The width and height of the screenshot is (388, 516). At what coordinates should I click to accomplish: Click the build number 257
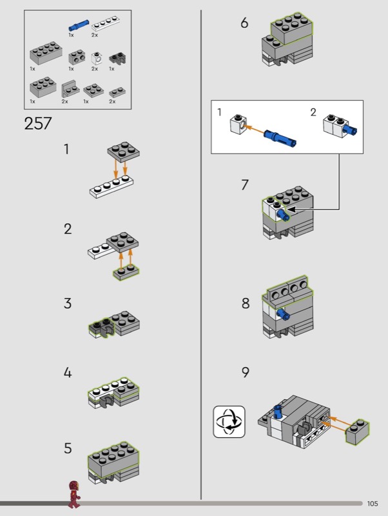click(x=38, y=123)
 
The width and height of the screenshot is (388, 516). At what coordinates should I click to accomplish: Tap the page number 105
click(x=373, y=504)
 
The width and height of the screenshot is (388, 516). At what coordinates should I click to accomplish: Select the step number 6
click(x=244, y=23)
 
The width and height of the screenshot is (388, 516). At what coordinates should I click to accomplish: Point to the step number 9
click(x=245, y=372)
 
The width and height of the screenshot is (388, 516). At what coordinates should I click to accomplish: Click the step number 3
click(x=68, y=304)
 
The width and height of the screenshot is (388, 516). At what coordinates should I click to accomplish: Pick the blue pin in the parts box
click(x=79, y=26)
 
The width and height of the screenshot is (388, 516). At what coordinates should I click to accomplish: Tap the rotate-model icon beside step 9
click(x=229, y=422)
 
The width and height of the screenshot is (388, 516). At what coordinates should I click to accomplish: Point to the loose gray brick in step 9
click(x=358, y=433)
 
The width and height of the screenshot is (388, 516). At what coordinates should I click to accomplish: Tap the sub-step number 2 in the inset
click(x=313, y=113)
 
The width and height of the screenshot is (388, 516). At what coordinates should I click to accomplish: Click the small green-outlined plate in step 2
click(x=126, y=273)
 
